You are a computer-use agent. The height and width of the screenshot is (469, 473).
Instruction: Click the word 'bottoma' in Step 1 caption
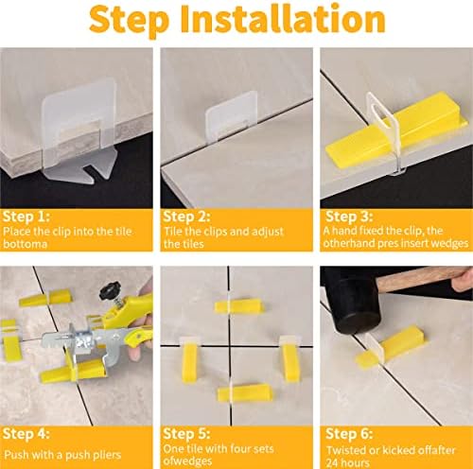[x=24, y=245]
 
